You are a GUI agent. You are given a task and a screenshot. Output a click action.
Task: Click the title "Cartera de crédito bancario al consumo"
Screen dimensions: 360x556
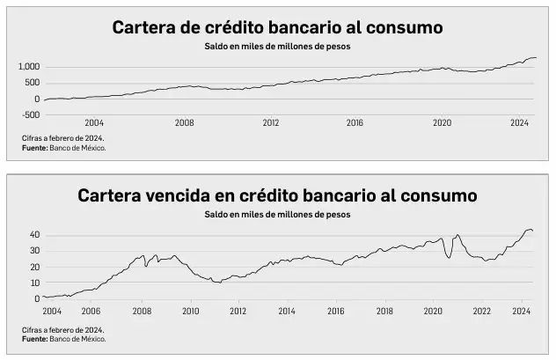click(x=277, y=27)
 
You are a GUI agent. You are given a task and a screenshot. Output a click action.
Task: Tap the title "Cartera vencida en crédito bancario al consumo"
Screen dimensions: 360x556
click(x=277, y=195)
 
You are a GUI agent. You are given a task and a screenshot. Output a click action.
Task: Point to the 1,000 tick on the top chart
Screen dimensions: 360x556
click(x=30, y=67)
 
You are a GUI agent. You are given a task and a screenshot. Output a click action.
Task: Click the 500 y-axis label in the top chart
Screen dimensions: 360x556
click(x=33, y=84)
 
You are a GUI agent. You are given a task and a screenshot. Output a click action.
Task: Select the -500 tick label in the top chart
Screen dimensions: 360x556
click(x=32, y=115)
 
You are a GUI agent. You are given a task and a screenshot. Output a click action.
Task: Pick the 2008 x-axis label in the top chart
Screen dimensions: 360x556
click(x=184, y=124)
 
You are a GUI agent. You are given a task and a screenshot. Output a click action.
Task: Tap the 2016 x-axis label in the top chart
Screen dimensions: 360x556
click(x=354, y=124)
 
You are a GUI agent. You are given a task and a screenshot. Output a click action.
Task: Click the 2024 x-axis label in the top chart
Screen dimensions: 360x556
click(x=520, y=124)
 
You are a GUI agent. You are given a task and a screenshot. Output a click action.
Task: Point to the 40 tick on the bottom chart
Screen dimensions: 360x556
click(x=34, y=235)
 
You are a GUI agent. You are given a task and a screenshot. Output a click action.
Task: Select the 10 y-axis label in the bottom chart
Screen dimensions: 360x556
click(x=34, y=283)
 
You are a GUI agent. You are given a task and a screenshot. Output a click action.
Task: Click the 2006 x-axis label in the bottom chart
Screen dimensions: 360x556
click(x=91, y=311)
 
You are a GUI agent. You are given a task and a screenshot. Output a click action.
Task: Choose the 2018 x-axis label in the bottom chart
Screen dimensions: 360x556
click(x=384, y=311)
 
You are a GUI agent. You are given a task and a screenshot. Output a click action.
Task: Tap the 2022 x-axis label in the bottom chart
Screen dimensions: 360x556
click(x=481, y=311)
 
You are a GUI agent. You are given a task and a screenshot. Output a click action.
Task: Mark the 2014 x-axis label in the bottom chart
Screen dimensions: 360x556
click(x=287, y=311)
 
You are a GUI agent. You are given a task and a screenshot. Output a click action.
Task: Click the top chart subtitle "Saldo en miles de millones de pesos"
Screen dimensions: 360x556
click(x=277, y=47)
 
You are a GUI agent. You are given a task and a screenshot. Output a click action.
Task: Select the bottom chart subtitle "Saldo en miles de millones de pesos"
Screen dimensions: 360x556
click(x=277, y=214)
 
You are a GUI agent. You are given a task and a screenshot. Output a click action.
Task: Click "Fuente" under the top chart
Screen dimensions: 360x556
click(x=35, y=148)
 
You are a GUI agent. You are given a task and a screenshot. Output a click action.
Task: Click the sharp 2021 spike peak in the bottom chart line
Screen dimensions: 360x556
click(x=457, y=235)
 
